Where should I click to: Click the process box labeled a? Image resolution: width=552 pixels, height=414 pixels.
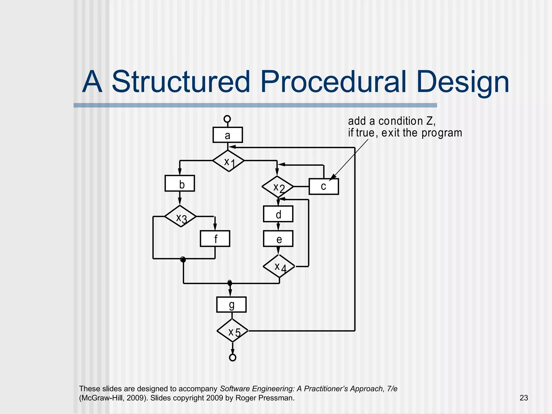[227, 135]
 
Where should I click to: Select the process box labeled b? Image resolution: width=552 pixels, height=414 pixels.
[180, 184]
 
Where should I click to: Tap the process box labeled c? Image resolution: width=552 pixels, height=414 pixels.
[323, 187]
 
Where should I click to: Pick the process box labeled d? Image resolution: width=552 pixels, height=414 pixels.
[278, 214]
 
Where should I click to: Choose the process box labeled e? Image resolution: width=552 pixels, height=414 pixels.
[278, 239]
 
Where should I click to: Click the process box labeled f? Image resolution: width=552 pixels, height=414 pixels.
[215, 239]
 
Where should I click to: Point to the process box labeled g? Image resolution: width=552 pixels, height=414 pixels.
[231, 305]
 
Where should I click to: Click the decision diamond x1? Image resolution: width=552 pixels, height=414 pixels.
[229, 161]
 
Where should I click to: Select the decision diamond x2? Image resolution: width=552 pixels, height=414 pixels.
[278, 187]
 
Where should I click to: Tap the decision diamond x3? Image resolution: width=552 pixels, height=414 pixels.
[180, 216]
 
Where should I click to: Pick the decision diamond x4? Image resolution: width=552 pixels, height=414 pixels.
[279, 266]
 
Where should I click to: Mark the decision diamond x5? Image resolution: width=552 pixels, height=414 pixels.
[232, 331]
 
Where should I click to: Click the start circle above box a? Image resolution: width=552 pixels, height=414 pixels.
[227, 119]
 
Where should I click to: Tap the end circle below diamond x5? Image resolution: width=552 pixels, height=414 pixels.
[233, 357]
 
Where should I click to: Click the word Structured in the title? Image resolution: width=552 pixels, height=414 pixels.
[181, 81]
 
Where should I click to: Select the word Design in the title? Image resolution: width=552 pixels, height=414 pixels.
[463, 81]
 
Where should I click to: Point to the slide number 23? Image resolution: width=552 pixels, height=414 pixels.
[524, 398]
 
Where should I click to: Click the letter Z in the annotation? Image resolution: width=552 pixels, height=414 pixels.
[430, 121]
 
